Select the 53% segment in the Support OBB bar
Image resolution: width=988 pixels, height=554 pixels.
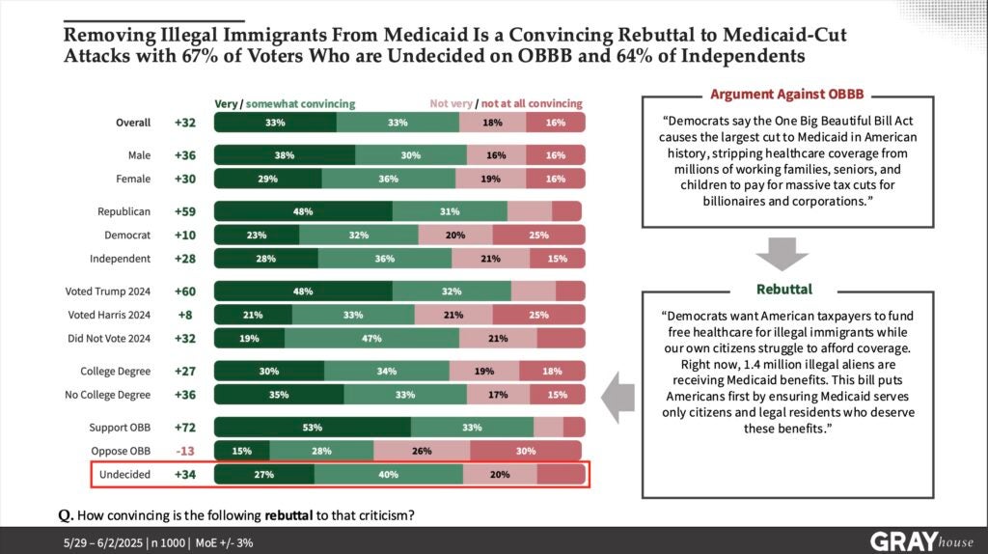pos(312,428)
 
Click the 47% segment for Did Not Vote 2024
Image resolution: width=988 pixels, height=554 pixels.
pos(371,338)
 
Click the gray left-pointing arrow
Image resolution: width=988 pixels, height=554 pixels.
pos(617,389)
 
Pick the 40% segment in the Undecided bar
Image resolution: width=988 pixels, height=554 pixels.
pos(388,474)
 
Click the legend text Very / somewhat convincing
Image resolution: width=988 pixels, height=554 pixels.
pos(285,103)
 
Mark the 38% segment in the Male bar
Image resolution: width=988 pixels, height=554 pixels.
pos(284,155)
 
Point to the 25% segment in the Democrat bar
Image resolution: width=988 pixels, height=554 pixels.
pos(538,235)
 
